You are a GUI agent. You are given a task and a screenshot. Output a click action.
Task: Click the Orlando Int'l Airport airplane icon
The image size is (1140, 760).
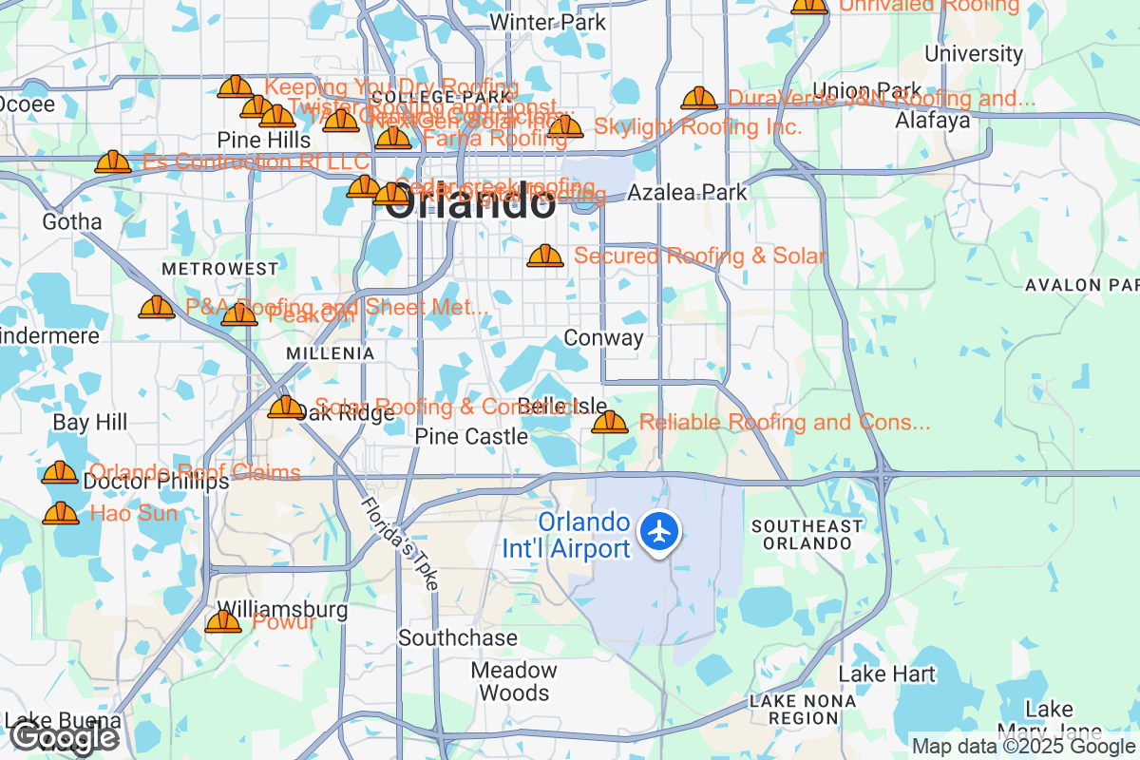coord(659,530)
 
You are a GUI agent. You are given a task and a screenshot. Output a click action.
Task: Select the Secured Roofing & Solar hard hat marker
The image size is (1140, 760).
coord(545,256)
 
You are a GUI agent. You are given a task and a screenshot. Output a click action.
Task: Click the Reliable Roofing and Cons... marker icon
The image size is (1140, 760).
coord(610,422)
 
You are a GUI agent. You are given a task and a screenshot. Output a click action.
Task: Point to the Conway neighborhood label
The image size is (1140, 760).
coord(603,338)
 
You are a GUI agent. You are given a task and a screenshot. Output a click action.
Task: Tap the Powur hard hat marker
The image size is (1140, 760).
coord(223,622)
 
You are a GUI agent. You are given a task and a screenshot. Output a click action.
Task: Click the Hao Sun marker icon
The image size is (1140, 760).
coord(61,514)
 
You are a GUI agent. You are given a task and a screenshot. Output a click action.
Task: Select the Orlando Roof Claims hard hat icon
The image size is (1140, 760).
coord(60,472)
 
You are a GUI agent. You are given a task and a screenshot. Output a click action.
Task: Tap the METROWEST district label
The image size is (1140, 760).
coord(219,270)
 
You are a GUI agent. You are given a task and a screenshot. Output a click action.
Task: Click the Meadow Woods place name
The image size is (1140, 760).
coord(514,681)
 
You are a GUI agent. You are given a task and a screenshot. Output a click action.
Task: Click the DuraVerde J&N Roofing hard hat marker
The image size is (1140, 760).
coord(699,98)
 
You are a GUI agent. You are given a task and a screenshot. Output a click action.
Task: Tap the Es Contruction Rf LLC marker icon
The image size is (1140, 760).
coord(113,162)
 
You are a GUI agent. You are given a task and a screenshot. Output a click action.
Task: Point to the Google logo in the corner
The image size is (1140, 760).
coord(65,737)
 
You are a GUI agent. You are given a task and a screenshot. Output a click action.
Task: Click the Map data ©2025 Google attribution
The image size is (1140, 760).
coord(1021,746)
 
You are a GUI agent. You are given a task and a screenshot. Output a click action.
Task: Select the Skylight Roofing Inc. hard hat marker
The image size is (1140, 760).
coord(565,126)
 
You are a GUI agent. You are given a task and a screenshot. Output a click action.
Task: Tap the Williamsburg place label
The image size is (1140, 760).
coord(269,609)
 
